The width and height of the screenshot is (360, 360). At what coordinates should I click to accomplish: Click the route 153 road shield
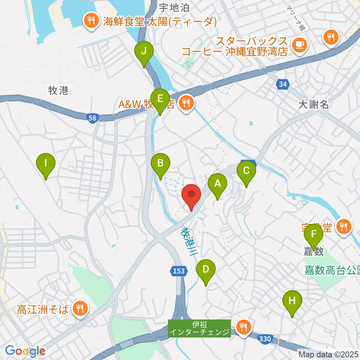coord(179,271)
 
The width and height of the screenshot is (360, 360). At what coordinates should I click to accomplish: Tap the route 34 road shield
coord(283,85)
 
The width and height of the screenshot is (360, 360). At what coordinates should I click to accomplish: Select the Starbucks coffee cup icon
coord(300,45)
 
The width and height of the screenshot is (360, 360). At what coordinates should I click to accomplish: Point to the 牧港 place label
coord(58,90)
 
